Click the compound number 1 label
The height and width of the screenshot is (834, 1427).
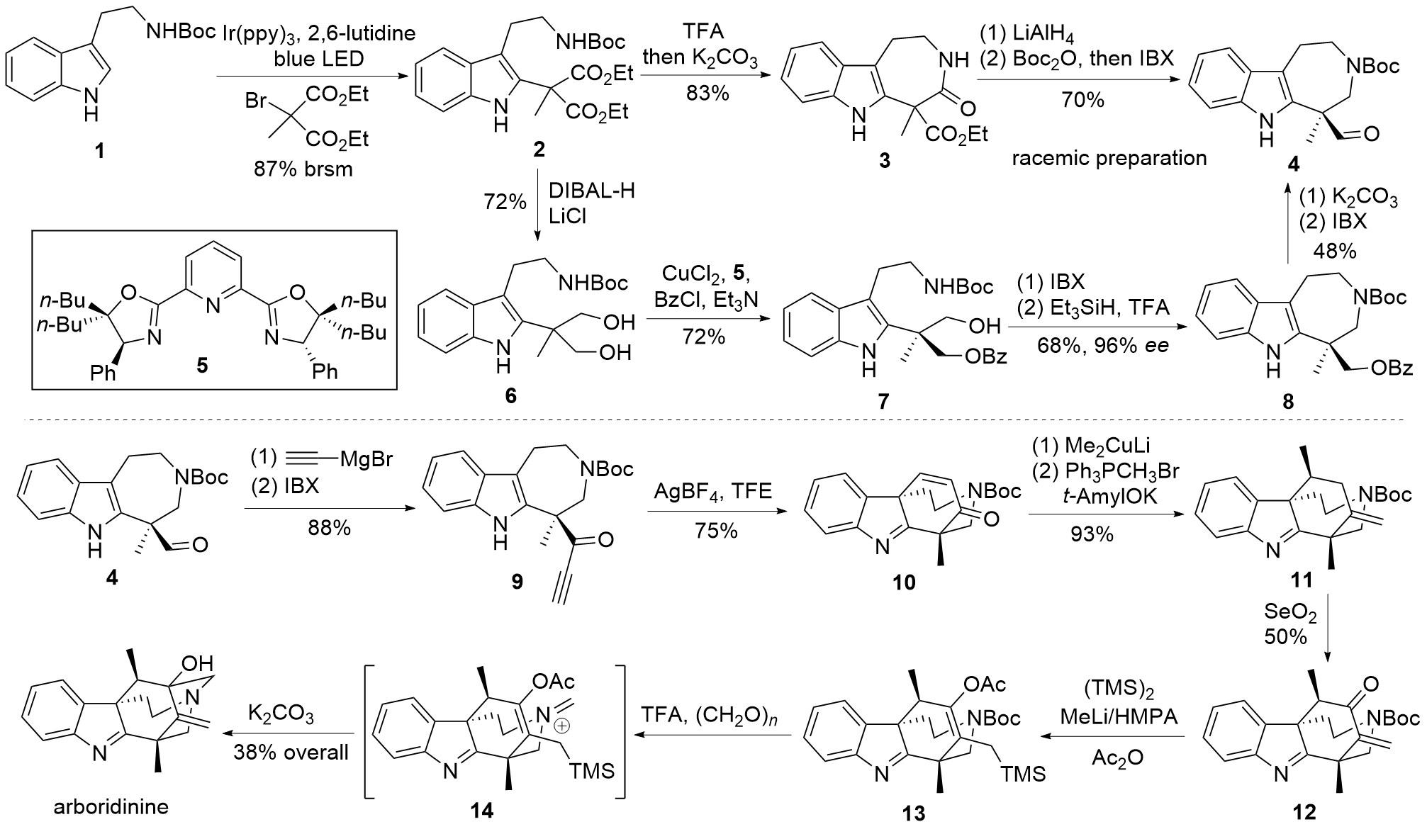pos(99,151)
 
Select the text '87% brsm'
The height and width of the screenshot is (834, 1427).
pos(303,169)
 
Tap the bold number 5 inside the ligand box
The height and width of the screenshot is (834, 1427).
pos(203,366)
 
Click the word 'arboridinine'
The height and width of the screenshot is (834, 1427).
pos(111,806)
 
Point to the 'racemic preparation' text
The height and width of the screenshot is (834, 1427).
pos(1109,157)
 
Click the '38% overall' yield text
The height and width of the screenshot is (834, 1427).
pos(291,751)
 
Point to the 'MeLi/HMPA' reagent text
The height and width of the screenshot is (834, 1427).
pos(1119,716)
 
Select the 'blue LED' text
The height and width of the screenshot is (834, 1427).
pos(318,58)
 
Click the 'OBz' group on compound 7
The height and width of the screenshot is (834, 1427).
pos(986,355)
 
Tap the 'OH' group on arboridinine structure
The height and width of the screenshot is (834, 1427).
pos(196,664)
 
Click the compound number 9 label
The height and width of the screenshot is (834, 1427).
pos(517,582)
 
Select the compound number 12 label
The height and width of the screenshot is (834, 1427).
pos(1303,811)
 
